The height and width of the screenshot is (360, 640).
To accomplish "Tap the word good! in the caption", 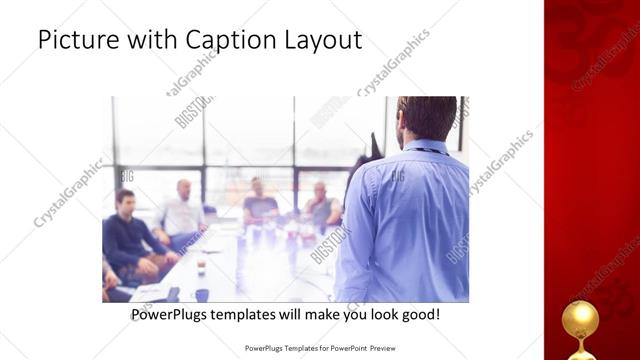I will coord(420,315).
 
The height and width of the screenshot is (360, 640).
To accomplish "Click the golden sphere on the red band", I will coord(580,319).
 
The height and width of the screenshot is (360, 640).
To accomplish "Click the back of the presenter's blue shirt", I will coord(410,220).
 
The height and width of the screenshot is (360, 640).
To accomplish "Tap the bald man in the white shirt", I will coord(182,212).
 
